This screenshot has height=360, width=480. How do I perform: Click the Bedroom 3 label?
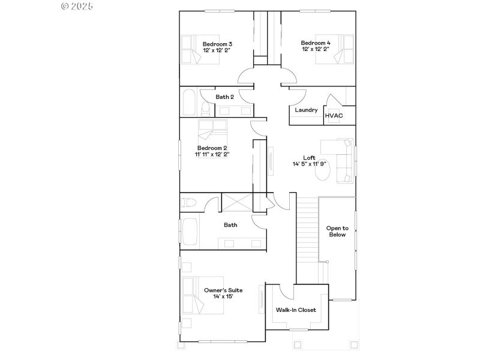point(217,44)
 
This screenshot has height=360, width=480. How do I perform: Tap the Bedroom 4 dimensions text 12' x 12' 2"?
point(316,50)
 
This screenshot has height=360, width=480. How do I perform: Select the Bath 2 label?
point(224,97)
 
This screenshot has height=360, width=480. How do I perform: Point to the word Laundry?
point(306,110)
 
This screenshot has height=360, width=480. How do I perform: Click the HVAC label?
point(334,116)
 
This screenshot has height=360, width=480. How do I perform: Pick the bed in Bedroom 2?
point(213,129)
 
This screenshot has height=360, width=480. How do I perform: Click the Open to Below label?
point(337,232)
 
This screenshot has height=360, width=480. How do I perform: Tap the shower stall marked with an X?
point(237,202)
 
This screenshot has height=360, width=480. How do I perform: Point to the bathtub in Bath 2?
point(188,103)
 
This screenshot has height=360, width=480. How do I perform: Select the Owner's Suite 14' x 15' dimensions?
point(223,296)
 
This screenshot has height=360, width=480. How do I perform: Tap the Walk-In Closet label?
point(296,310)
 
